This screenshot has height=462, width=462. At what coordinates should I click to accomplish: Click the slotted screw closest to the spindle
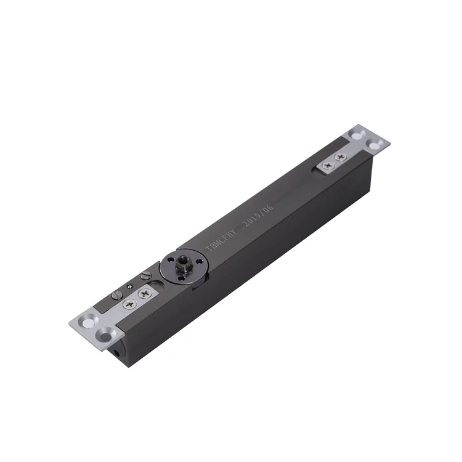click(145, 276)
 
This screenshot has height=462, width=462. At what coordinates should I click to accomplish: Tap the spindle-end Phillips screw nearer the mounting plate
click(129, 304)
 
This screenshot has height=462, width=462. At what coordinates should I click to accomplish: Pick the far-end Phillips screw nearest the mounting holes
click(339, 158)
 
